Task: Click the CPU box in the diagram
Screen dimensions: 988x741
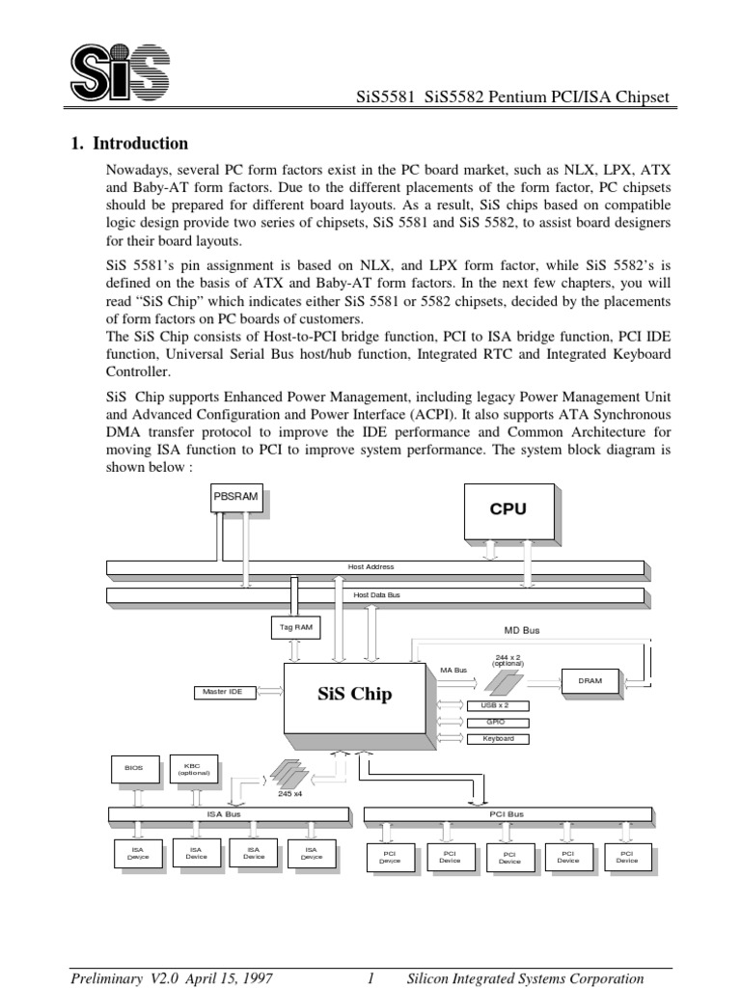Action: [508, 511]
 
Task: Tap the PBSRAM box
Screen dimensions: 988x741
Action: [235, 497]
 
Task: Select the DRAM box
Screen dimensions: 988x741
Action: [590, 680]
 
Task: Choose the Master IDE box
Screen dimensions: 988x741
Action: [222, 692]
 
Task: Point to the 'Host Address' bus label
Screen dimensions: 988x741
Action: [371, 566]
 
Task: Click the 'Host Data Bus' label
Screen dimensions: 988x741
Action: [376, 595]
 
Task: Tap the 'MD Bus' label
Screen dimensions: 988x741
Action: [522, 630]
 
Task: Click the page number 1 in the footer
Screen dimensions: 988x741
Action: [370, 977]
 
